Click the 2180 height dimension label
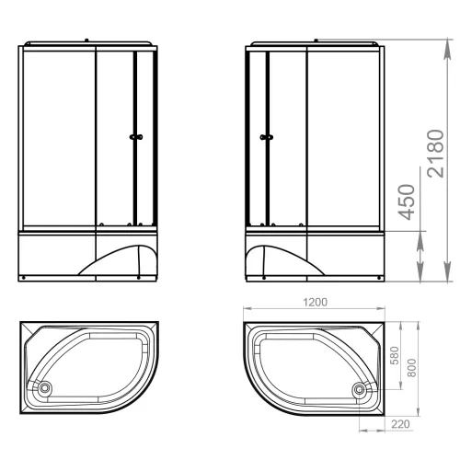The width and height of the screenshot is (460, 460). point(435,154)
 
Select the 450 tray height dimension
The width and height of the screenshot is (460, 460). point(407,202)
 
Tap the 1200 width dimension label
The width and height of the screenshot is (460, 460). point(315,303)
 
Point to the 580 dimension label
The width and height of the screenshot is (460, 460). point(396,355)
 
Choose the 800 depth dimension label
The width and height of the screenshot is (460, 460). point(412,368)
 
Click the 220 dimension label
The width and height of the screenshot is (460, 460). point(400,424)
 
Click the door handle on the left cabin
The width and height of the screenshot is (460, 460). point(136,137)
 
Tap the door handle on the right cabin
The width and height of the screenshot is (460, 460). point(267,137)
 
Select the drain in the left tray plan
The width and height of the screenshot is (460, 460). point(45,388)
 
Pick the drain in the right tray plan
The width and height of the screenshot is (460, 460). point(359,389)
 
